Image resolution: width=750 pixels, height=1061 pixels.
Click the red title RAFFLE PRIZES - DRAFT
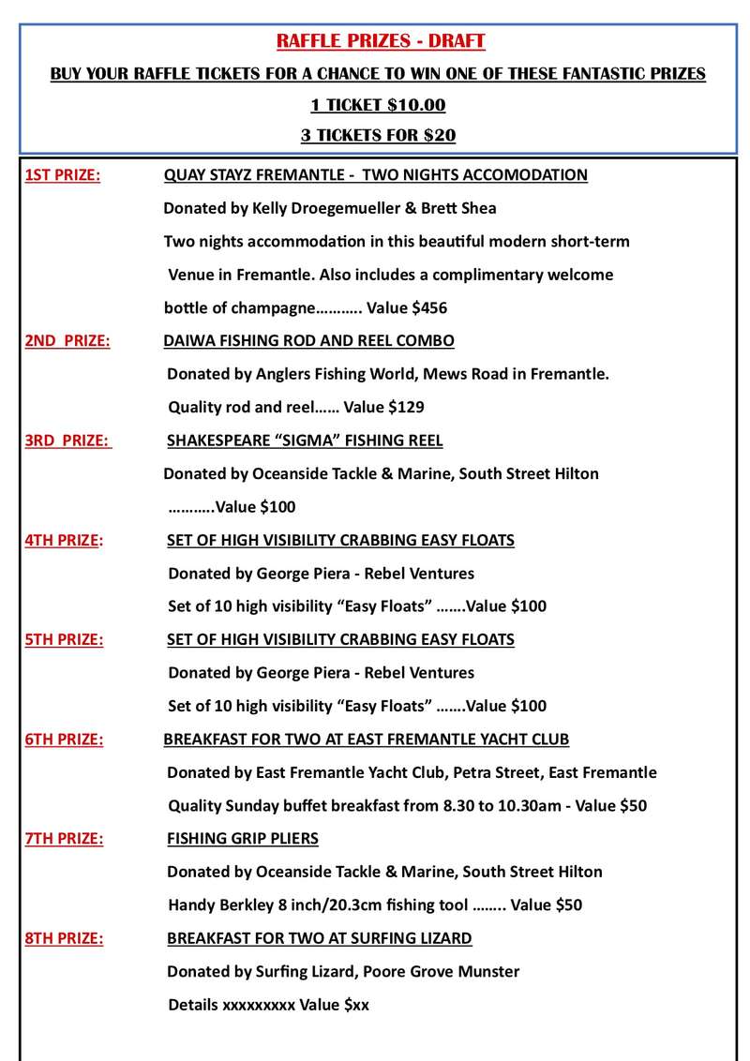[x=380, y=41]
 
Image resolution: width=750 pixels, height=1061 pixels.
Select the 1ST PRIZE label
[x=63, y=175]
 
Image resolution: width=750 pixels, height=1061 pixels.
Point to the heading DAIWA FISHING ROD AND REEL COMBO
[x=308, y=341]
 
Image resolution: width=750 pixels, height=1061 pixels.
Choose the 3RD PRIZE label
[x=67, y=441]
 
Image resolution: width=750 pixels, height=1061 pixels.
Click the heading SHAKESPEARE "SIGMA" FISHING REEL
[x=305, y=441]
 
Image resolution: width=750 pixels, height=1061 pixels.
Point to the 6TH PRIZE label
[x=64, y=740]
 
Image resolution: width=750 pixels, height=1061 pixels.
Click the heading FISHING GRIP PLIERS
[x=242, y=839]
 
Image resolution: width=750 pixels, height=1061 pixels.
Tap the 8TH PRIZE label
[x=64, y=938]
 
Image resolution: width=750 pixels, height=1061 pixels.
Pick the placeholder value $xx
[x=356, y=1005]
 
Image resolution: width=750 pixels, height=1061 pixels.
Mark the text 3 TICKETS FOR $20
[x=378, y=135]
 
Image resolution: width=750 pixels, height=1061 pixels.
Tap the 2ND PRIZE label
[x=67, y=341]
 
